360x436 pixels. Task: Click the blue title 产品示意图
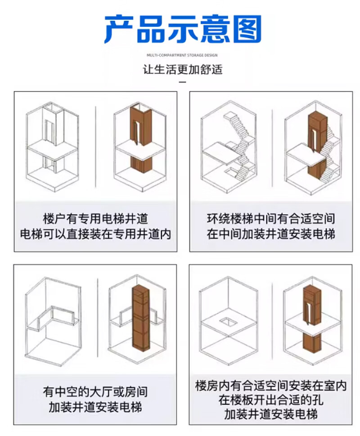coord(183,29)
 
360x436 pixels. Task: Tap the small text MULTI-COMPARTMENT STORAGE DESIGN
coord(182,55)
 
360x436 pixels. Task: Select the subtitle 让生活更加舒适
coord(183,69)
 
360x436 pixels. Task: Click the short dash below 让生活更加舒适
coord(182,82)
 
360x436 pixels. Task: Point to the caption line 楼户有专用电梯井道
coord(95,219)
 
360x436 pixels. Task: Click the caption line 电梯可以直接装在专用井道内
coord(95,234)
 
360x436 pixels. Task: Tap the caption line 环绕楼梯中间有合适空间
coord(271,219)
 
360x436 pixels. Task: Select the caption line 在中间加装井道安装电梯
coord(271,234)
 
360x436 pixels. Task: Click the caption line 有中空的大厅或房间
coord(95,392)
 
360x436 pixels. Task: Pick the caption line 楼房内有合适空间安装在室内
coord(271,386)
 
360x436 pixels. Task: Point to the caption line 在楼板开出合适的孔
coord(271,400)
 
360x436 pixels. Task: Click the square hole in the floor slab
coord(228,322)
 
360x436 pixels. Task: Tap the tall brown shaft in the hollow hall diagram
coord(141,317)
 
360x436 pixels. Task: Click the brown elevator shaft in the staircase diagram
coord(317,145)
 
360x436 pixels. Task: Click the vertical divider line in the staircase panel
coord(272,148)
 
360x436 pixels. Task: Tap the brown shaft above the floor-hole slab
coord(312,305)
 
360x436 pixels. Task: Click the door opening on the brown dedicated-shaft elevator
coord(136,133)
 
